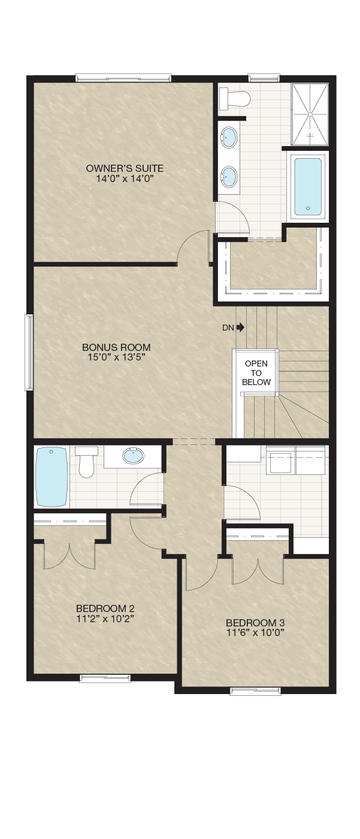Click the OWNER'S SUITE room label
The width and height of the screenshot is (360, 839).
coord(125,168)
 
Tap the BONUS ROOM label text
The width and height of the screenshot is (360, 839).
coord(116,347)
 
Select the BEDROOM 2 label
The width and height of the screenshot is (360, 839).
coord(105,608)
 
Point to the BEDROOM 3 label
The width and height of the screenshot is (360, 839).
coord(255,623)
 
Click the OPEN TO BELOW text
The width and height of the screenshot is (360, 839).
coord(256,372)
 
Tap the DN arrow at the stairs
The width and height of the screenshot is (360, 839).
coord(241,328)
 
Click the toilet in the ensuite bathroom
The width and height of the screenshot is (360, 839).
coord(234,98)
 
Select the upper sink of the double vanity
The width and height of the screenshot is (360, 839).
coord(228,137)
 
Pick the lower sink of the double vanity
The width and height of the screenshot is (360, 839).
coord(228,177)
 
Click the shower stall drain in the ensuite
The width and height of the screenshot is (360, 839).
coord(310,114)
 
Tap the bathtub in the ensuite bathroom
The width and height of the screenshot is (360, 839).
coord(307,186)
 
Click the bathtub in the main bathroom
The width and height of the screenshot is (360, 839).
coord(52,477)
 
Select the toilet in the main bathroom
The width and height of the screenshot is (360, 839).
coord(86,462)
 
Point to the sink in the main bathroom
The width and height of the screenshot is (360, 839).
coord(134,456)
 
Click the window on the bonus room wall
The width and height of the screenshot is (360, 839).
coord(29,352)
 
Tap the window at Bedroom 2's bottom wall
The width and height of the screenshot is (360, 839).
coord(105,679)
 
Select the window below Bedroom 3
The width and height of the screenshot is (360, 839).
coord(255,691)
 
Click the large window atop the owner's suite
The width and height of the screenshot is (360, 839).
coord(123,78)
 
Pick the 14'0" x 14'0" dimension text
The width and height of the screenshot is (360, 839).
coord(125,178)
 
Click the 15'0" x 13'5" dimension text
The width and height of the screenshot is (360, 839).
coord(116,357)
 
